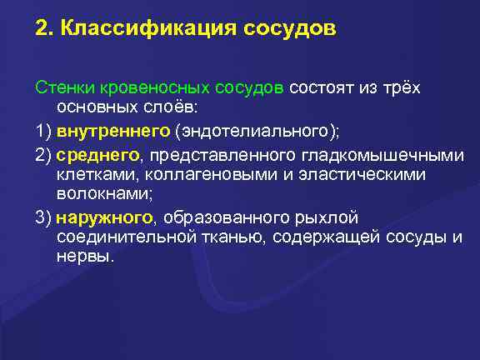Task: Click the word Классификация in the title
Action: coord(148,30)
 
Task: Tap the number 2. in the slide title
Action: coord(42,30)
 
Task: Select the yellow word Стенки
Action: coord(60,87)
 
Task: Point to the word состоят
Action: coord(321,87)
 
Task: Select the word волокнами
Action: coord(94,195)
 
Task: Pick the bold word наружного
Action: coord(105,217)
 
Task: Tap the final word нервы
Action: coord(82,259)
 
